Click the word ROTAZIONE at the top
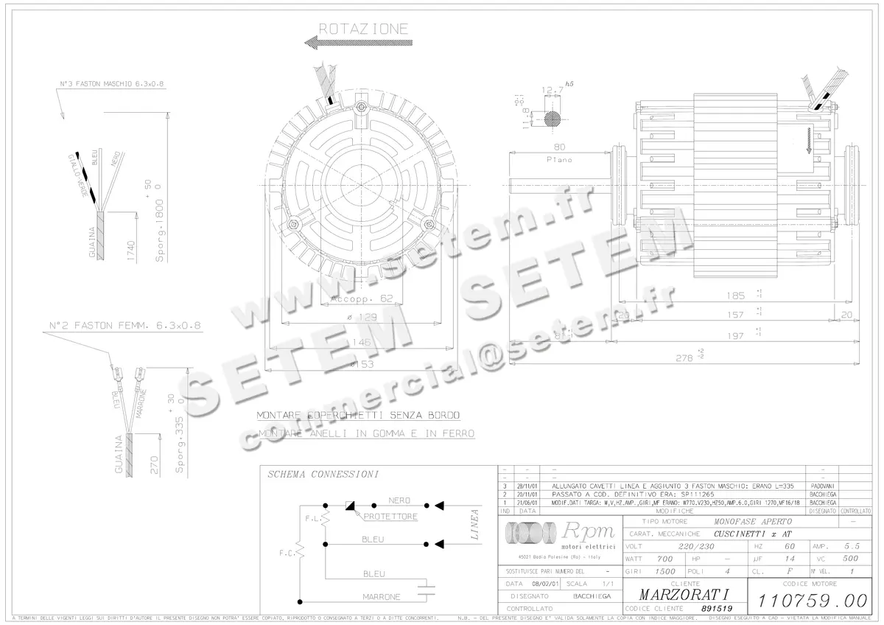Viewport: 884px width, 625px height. pos(362,29)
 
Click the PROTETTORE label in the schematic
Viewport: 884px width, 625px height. pos(390,517)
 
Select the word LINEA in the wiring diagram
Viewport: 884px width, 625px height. pos(475,525)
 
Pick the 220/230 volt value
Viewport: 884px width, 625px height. pos(678,547)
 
